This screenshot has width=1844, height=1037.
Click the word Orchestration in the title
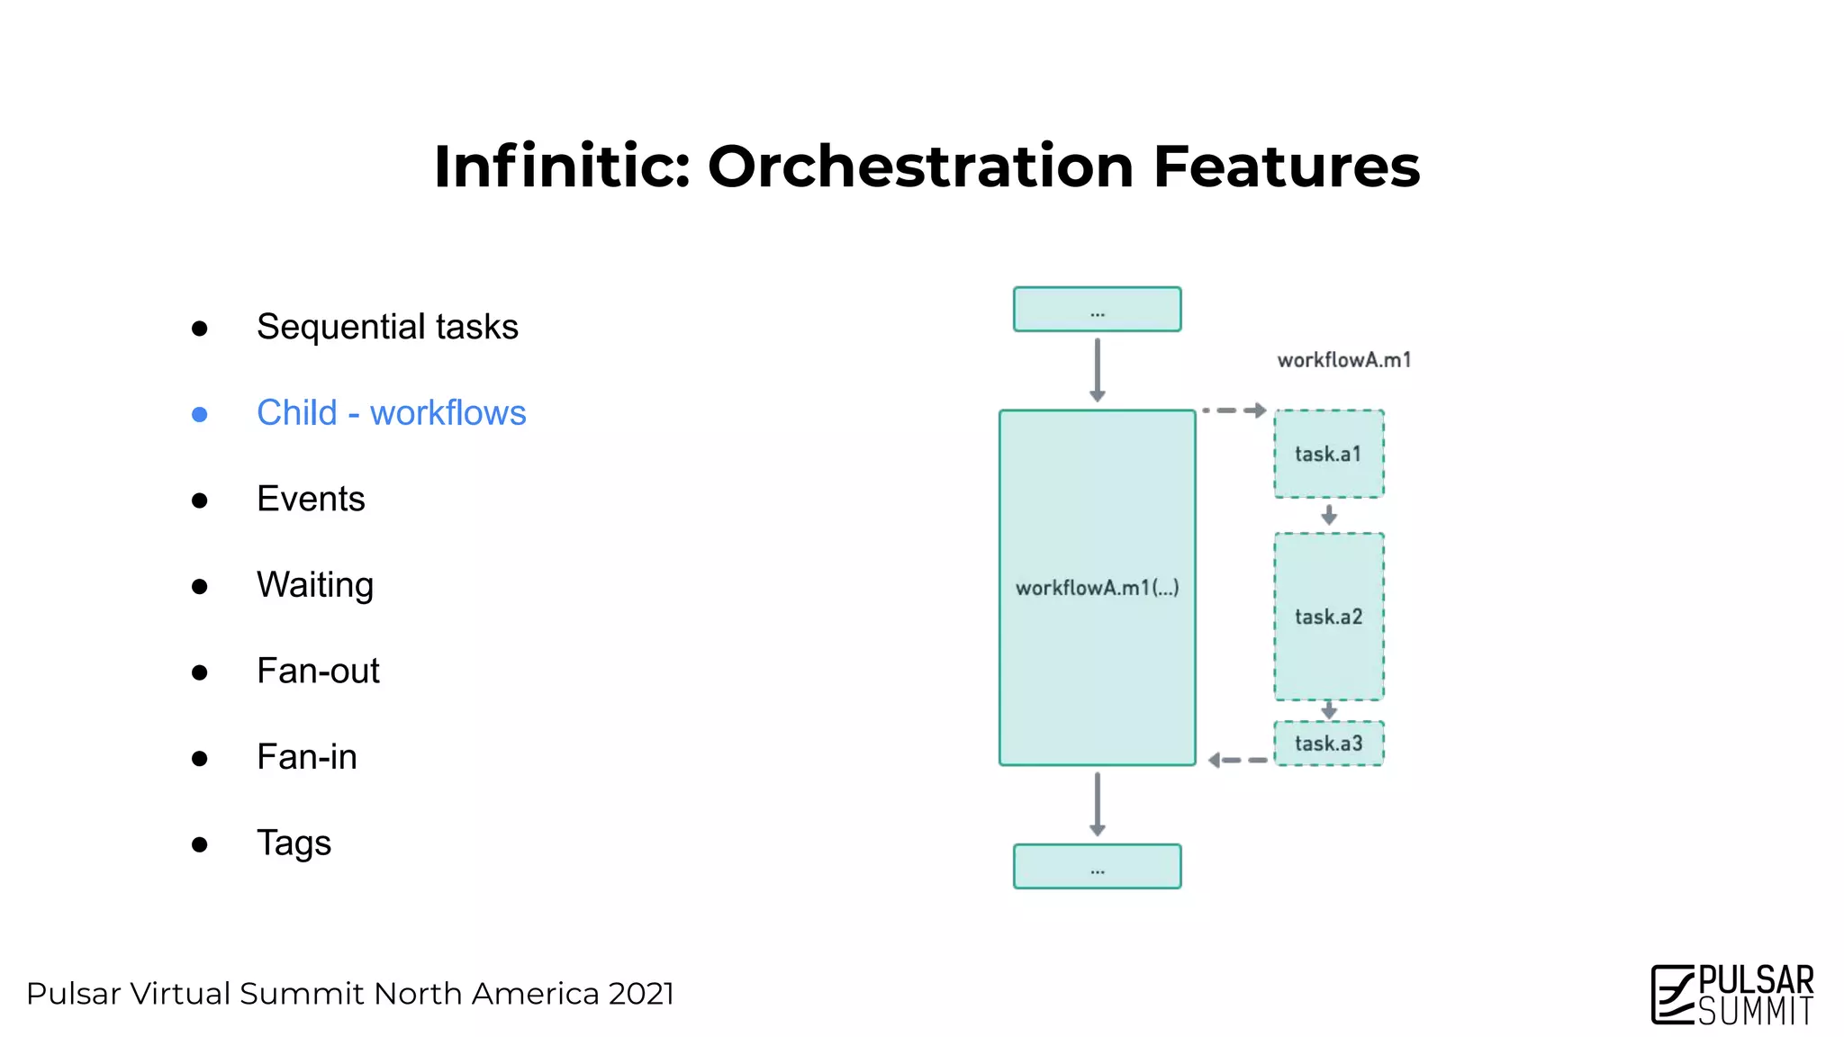pyautogui.click(x=919, y=167)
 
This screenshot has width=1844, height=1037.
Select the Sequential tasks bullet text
pyautogui.click(x=387, y=327)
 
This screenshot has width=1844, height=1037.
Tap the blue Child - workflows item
pyautogui.click(x=391, y=413)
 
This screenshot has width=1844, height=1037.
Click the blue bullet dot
pyautogui.click(x=200, y=414)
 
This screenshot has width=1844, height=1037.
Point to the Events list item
pyautogui.click(x=311, y=499)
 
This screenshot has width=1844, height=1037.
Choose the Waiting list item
pyautogui.click(x=314, y=585)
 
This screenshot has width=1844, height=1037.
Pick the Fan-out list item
pyautogui.click(x=318, y=672)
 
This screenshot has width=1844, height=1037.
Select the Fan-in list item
pyautogui.click(x=306, y=757)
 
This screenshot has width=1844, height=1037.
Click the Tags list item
pyautogui.click(x=294, y=843)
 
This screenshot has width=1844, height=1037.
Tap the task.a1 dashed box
pyautogui.click(x=1328, y=454)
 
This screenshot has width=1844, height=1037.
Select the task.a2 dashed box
pyautogui.click(x=1328, y=617)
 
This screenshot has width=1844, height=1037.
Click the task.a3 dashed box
pyautogui.click(x=1328, y=744)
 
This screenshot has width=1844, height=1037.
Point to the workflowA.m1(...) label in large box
pyautogui.click(x=1097, y=588)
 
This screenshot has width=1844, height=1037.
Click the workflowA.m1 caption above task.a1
pyautogui.click(x=1343, y=360)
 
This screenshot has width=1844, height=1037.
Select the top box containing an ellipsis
pyautogui.click(x=1097, y=310)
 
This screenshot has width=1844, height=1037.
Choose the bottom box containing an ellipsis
pyautogui.click(x=1097, y=866)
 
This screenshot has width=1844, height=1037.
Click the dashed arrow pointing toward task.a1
pyautogui.click(x=1234, y=410)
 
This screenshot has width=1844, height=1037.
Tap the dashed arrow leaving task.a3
pyautogui.click(x=1237, y=761)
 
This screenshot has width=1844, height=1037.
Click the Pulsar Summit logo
pyautogui.click(x=1731, y=994)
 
